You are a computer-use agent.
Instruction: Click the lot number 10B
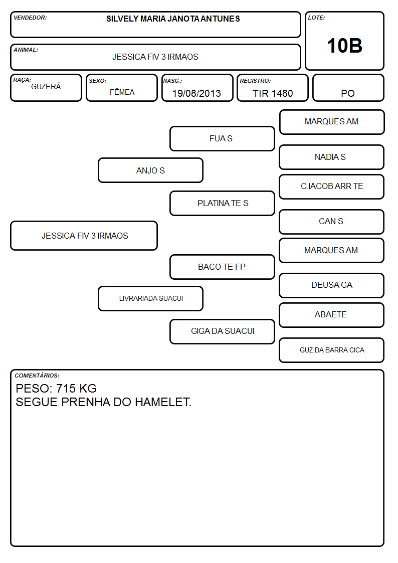click(344, 46)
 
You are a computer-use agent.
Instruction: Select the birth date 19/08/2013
click(196, 93)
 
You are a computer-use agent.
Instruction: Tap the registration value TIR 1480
click(273, 93)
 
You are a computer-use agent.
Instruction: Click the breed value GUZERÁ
click(46, 87)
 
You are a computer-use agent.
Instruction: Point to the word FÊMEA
click(122, 92)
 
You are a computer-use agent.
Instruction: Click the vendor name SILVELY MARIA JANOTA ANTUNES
click(173, 19)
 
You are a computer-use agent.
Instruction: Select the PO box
click(348, 88)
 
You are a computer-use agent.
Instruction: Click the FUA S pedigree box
click(222, 138)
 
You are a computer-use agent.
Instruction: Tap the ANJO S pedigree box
click(150, 170)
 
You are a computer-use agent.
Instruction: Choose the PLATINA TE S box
click(222, 203)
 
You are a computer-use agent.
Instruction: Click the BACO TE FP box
click(222, 267)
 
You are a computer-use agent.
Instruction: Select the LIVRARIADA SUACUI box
click(150, 298)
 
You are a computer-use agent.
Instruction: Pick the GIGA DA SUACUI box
click(222, 331)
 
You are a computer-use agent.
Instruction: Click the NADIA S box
click(332, 157)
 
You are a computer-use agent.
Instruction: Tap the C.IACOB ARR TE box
click(332, 186)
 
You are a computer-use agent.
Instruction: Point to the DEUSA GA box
click(332, 285)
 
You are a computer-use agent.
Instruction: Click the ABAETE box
click(332, 315)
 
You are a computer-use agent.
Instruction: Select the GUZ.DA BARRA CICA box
click(332, 350)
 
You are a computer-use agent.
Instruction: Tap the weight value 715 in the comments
click(66, 389)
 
